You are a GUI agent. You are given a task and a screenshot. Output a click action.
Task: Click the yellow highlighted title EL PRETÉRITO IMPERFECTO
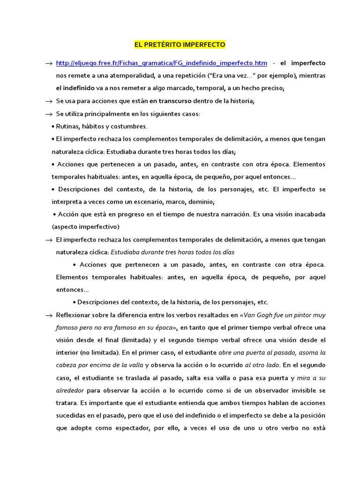[x=180, y=45]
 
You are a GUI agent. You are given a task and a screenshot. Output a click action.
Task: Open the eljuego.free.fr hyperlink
[x=162, y=63]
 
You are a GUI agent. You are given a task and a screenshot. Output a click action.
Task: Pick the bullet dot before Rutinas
[x=52, y=127]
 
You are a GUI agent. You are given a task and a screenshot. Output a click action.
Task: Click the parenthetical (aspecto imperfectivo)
[x=86, y=226]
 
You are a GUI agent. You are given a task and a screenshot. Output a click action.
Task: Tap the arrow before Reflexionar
[x=48, y=315]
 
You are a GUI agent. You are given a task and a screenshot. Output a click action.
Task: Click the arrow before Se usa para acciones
[x=48, y=101]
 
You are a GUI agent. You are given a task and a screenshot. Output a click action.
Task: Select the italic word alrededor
[x=69, y=390]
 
